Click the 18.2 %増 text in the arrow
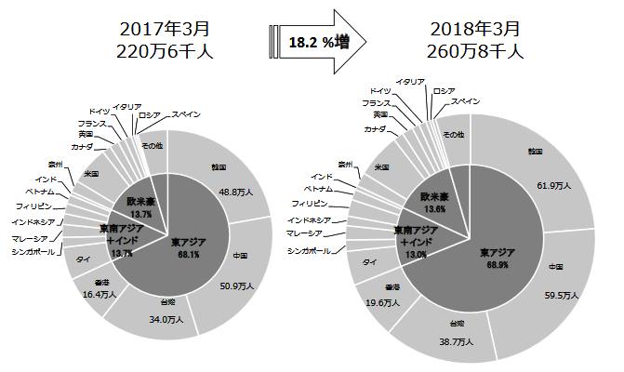(x=313, y=42)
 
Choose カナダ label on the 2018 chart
(x=375, y=128)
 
